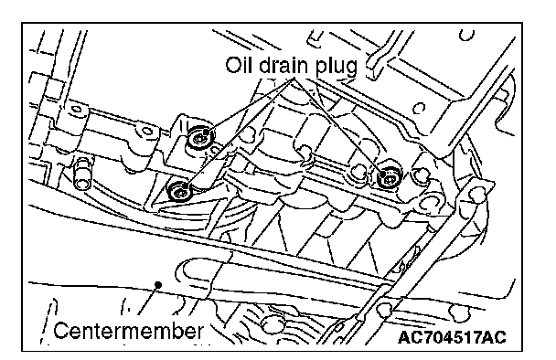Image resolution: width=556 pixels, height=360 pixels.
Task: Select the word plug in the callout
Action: [x=336, y=67]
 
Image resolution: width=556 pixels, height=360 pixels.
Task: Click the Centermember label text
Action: [x=129, y=331]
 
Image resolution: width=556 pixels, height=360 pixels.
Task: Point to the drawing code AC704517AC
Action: [x=452, y=337]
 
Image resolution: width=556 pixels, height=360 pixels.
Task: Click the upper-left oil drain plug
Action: [x=200, y=136]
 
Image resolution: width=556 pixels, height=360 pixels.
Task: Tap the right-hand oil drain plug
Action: [x=390, y=175]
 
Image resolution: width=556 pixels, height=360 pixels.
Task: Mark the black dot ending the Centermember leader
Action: [x=158, y=284]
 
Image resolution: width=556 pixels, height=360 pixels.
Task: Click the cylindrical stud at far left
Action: [x=82, y=174]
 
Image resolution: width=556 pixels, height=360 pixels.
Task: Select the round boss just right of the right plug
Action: [x=421, y=175]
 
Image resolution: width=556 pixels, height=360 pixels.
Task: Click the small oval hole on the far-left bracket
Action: [x=76, y=109]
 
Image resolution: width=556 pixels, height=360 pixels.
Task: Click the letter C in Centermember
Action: [x=60, y=331]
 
